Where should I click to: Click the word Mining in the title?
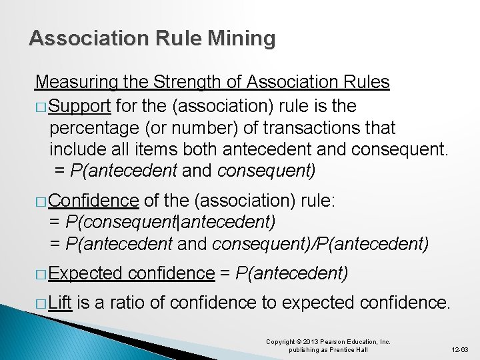(241, 39)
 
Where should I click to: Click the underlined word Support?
(79, 105)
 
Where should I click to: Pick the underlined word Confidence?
(94, 201)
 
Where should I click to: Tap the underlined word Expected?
(85, 273)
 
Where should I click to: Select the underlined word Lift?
(60, 303)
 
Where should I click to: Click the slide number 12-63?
(460, 349)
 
